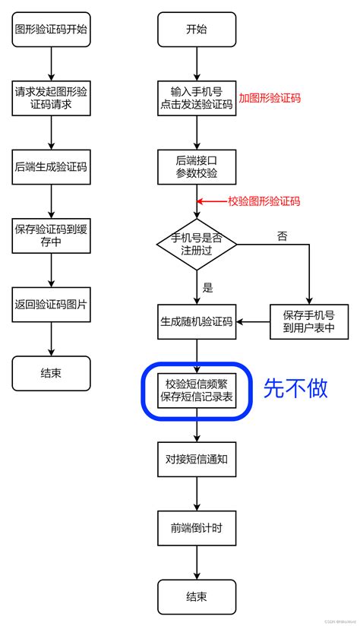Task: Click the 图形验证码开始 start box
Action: point(51,30)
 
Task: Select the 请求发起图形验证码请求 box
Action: point(51,98)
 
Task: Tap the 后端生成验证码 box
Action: point(51,166)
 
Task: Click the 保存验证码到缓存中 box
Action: point(51,235)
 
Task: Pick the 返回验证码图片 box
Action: point(51,304)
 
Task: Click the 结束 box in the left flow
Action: point(51,373)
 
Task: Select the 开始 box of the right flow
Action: point(196,30)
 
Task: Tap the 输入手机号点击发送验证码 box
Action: point(196,98)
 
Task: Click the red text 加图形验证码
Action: point(270,98)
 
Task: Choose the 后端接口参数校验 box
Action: point(196,166)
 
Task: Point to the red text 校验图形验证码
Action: point(264,201)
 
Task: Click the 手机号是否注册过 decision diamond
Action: point(196,243)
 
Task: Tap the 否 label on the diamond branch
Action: point(282,236)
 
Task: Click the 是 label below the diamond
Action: point(207,287)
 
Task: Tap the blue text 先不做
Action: point(295,388)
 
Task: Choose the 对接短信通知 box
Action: point(196,459)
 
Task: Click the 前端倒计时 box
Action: point(196,527)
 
